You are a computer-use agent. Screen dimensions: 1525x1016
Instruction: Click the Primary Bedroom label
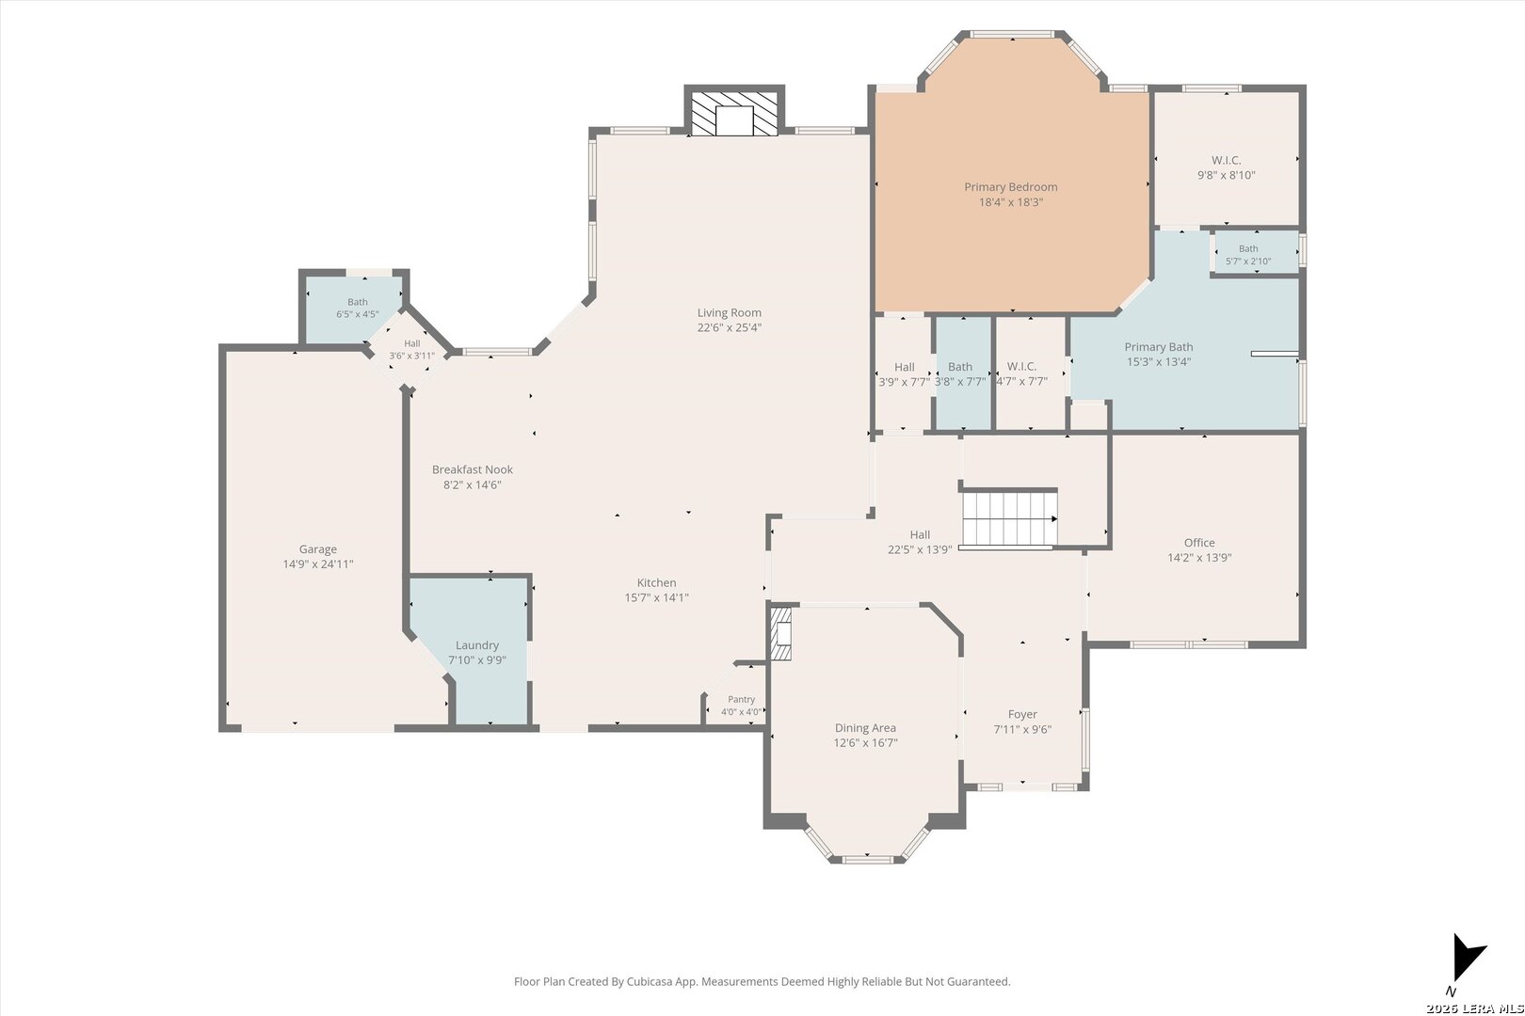coord(1010,187)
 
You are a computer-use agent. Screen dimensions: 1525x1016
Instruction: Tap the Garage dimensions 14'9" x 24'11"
coord(318,564)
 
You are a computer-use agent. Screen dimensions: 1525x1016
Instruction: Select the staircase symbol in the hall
coord(1008,518)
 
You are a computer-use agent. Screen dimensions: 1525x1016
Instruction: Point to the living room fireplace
coord(734,112)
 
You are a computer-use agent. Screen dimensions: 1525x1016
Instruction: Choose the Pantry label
coord(742,700)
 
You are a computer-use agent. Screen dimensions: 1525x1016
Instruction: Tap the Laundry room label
coord(477,645)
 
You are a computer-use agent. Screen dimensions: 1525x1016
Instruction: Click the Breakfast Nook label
coord(473,469)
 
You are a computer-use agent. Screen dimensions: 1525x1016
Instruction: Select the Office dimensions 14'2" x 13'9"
coord(1199,558)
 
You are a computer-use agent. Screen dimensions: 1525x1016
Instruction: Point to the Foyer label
coord(1022,715)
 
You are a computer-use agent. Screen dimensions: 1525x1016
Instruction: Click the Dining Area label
coord(865,728)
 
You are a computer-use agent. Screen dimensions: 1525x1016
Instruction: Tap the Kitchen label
coord(656,583)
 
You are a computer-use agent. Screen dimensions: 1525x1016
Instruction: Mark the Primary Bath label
coord(1159,347)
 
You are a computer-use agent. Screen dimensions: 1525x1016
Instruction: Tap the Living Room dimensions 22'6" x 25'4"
coord(730,328)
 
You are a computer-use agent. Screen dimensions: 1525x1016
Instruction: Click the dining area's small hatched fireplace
coord(781,633)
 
